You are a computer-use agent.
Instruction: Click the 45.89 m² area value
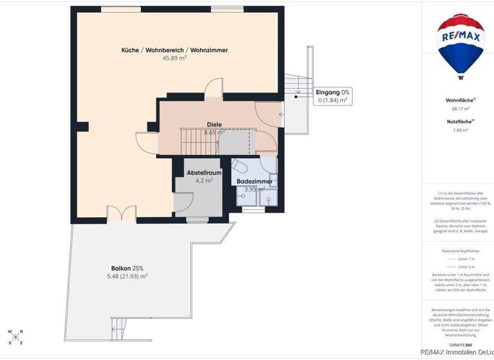[x=174, y=58]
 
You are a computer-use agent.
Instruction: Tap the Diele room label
[x=214, y=125]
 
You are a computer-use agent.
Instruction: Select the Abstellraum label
[x=204, y=173]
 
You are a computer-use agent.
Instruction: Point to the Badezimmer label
[x=254, y=182]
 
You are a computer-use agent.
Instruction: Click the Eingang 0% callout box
[x=333, y=96]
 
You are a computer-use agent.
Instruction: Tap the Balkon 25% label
[x=127, y=268]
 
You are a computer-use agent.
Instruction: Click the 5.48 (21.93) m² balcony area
[x=127, y=276]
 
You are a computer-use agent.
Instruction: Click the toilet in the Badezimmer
[x=241, y=166]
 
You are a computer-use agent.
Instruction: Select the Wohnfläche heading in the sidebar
[x=461, y=100]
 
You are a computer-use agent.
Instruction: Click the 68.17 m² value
[x=461, y=109]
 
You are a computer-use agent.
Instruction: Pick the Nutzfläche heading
[x=461, y=122]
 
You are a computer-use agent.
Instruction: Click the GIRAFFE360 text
[x=461, y=345]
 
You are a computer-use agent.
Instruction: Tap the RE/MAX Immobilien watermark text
[x=457, y=352]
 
